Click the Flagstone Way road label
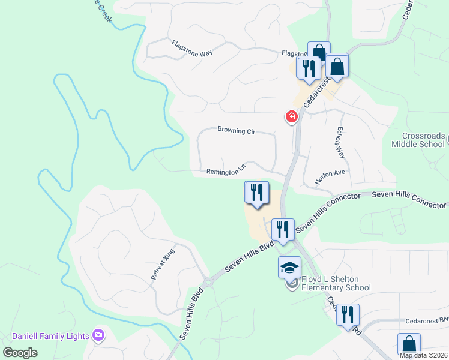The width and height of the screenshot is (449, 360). (x=191, y=49)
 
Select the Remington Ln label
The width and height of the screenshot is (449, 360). (x=226, y=171)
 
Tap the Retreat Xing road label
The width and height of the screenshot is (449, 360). (x=162, y=263)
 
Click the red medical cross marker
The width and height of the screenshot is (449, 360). (x=292, y=116)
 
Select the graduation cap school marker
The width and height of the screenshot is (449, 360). (x=289, y=267)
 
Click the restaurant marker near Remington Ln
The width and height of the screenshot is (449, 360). (x=257, y=193)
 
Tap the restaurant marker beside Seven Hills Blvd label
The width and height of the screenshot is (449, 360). (x=282, y=229)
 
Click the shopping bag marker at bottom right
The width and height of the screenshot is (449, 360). (x=409, y=344)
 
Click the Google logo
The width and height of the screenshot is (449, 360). (x=20, y=353)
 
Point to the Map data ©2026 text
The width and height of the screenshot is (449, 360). (x=423, y=355)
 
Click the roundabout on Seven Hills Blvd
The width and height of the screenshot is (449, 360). (x=208, y=281)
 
